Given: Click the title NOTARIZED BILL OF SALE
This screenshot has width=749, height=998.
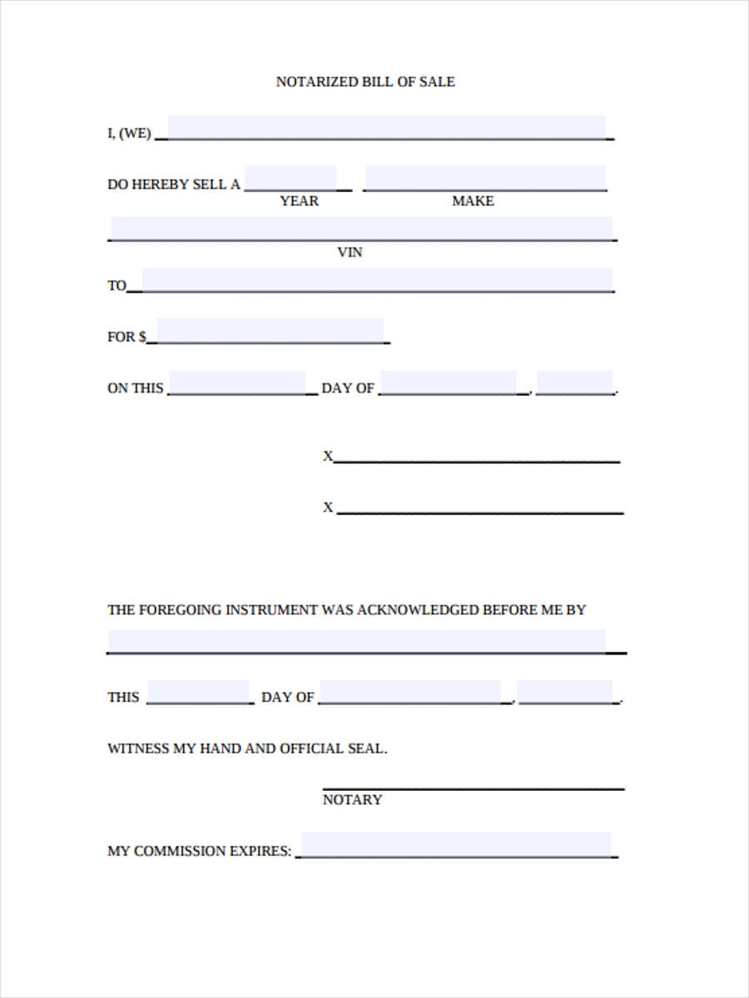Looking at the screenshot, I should pyautogui.click(x=365, y=82).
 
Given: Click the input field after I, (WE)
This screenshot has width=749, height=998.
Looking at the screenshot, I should pyautogui.click(x=387, y=127).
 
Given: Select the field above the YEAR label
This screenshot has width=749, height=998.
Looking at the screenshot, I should pyautogui.click(x=290, y=178).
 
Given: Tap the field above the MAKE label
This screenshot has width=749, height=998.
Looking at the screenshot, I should pyautogui.click(x=485, y=178).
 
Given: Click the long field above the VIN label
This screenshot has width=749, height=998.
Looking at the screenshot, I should pyautogui.click(x=362, y=229).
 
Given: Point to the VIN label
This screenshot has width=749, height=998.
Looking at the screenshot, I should pyautogui.click(x=350, y=252).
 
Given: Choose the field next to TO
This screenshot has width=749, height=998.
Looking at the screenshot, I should pyautogui.click(x=377, y=279).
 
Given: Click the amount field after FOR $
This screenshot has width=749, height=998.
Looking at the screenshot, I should pyautogui.click(x=270, y=330).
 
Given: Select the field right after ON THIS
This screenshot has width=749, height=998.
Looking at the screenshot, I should pyautogui.click(x=237, y=383).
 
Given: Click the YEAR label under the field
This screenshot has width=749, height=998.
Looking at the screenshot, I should pyautogui.click(x=299, y=201).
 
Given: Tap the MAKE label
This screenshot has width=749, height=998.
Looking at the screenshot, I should pyautogui.click(x=473, y=201).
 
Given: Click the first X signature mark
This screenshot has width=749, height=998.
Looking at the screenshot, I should pyautogui.click(x=328, y=456).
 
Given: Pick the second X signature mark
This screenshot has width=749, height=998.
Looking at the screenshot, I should pyautogui.click(x=328, y=507).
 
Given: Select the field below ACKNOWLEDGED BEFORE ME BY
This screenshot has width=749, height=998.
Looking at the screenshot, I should pyautogui.click(x=357, y=641).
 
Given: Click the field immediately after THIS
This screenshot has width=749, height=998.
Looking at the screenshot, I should pyautogui.click(x=198, y=692).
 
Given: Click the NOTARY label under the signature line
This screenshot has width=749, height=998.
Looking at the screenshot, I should pyautogui.click(x=352, y=799).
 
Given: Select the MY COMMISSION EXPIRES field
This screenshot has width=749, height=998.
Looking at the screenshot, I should pyautogui.click(x=456, y=844).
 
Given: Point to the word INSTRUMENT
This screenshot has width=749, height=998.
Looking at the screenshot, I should pyautogui.click(x=270, y=610).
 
